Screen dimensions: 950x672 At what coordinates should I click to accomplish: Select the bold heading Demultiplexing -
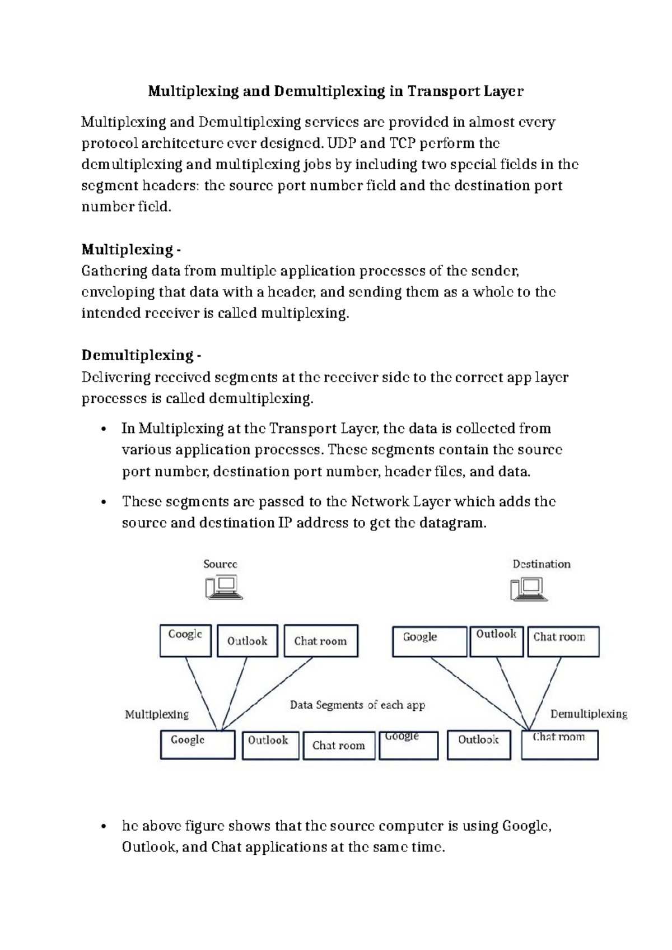point(141,355)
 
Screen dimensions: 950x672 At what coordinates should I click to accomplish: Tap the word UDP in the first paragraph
point(341,143)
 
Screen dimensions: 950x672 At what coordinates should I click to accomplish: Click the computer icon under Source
point(223,588)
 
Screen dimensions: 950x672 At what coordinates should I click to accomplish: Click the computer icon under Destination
point(528,589)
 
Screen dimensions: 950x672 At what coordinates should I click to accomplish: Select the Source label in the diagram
point(220,564)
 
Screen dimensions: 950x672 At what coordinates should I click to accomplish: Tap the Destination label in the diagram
point(541,564)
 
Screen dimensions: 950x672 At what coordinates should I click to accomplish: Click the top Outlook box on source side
point(247,641)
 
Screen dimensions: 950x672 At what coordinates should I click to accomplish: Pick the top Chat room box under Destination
point(562,641)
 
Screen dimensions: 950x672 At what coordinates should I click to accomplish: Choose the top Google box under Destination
point(429,641)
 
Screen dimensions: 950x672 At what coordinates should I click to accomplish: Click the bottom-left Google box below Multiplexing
point(197,744)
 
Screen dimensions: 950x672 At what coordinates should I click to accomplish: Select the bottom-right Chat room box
point(559,744)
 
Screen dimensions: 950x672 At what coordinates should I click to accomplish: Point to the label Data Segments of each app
point(357,705)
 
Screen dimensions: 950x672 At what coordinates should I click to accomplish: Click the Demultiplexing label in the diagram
point(589,714)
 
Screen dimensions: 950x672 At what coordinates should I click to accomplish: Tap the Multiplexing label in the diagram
point(157,714)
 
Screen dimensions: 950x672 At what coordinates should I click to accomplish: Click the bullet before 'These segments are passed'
point(102,502)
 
